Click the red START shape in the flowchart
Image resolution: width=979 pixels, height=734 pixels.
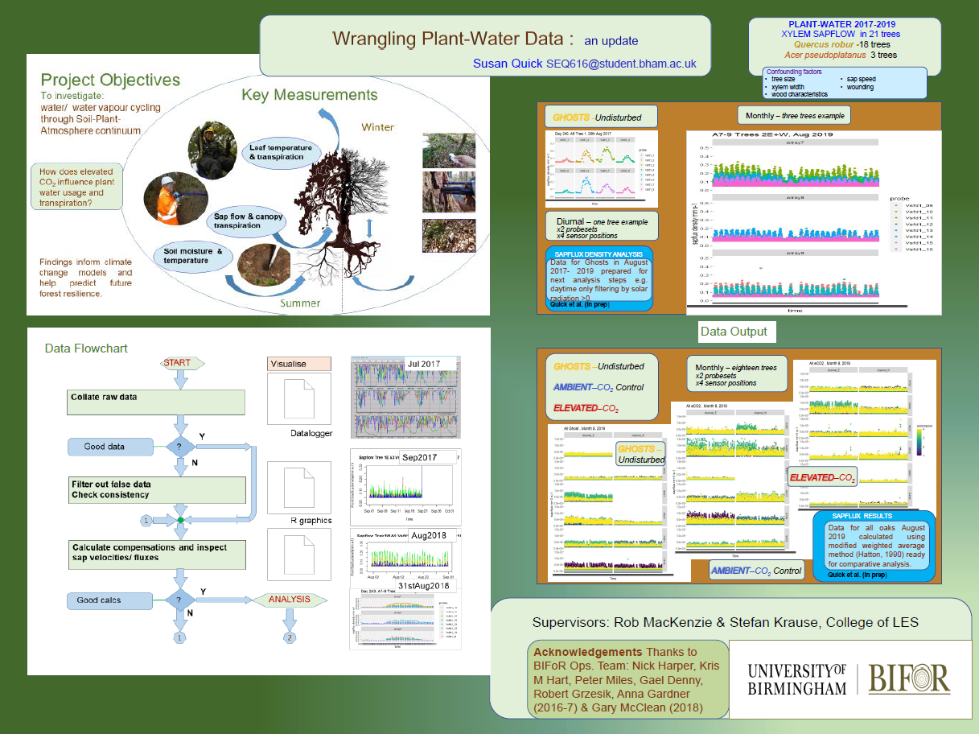pos(177,364)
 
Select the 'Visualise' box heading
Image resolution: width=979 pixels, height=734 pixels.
pos(298,364)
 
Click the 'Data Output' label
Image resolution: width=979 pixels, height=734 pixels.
pos(733,331)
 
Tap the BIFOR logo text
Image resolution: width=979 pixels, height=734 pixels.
pos(910,678)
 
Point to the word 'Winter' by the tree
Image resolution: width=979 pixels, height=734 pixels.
pos(378,127)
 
